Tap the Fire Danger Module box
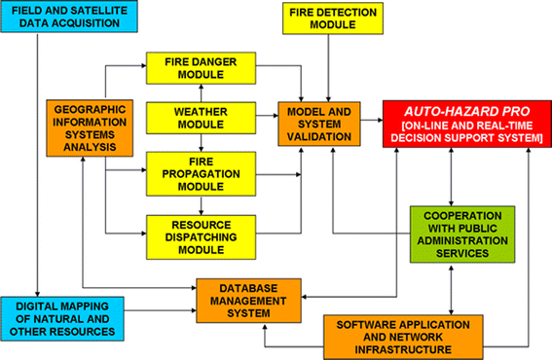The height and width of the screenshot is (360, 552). click(201, 67)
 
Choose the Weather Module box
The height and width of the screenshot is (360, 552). click(201, 117)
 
